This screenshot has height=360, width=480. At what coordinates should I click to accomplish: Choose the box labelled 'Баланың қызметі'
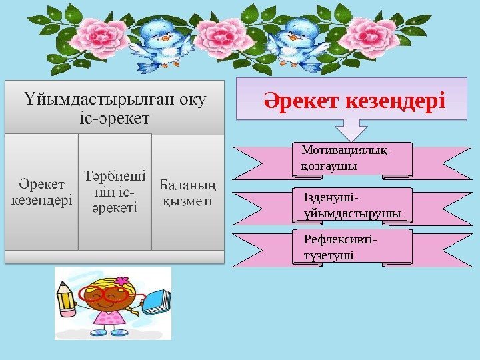coord(187,191)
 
